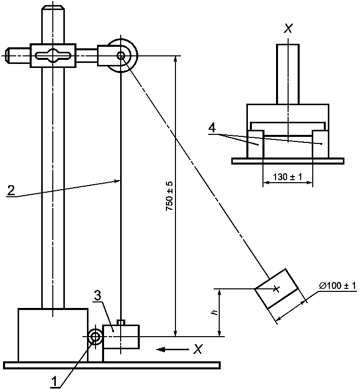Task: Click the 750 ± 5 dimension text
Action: pos(170,196)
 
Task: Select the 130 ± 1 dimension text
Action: pos(288,177)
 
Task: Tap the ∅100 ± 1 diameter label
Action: pos(338,285)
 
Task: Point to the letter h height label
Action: pos(215,312)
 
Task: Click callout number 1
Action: pos(54,381)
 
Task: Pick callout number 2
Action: pos(11,191)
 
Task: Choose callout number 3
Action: pos(98,296)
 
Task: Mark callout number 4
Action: pos(212,128)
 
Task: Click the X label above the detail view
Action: pos(288,28)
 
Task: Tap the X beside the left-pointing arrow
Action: pos(198,349)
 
